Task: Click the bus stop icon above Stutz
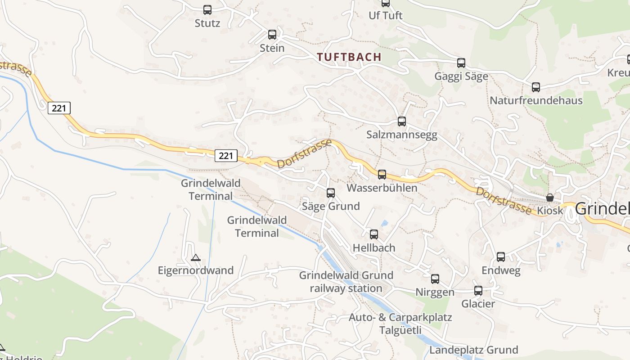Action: coord(207,9)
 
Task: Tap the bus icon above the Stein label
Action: coord(272,34)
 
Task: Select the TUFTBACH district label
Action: coord(349,57)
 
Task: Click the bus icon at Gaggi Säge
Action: coord(461,63)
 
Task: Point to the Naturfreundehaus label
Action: coord(535,100)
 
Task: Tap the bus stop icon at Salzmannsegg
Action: coord(402,121)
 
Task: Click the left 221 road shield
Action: coord(59,108)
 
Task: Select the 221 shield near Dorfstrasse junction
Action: coord(225,156)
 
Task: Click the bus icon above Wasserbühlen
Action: coord(382,174)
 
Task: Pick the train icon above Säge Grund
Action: coord(331,193)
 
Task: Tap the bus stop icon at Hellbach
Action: coord(374,234)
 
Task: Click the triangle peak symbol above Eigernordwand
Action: coord(195,257)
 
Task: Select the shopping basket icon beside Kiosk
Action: coord(549,197)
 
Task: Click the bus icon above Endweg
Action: coord(501,256)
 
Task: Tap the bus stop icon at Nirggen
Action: coord(435,279)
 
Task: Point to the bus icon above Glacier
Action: coord(478,290)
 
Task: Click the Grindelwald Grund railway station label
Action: coord(346,282)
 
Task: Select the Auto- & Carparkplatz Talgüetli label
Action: coord(400,324)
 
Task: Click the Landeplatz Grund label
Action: coord(473,350)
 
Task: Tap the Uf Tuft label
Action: coord(385,15)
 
